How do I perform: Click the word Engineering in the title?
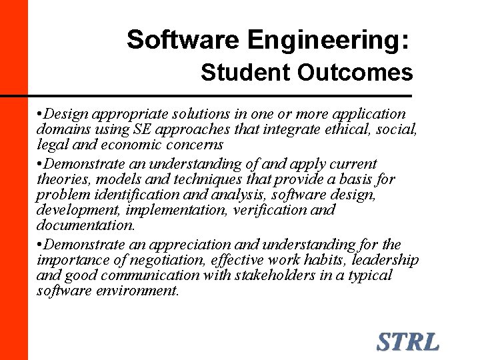point(325,40)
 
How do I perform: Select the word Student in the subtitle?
point(246,73)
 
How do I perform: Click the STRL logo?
point(407,341)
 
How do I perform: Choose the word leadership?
point(383,259)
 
